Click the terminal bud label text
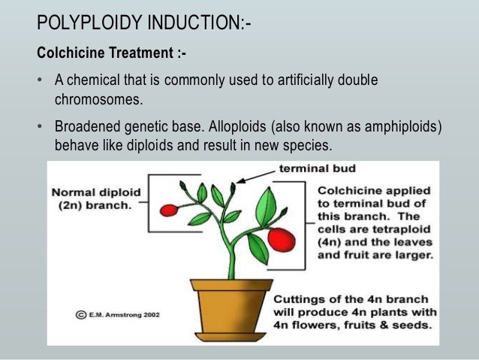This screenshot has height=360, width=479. pos(318,168)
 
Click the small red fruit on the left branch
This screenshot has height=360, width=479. pos(170,210)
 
